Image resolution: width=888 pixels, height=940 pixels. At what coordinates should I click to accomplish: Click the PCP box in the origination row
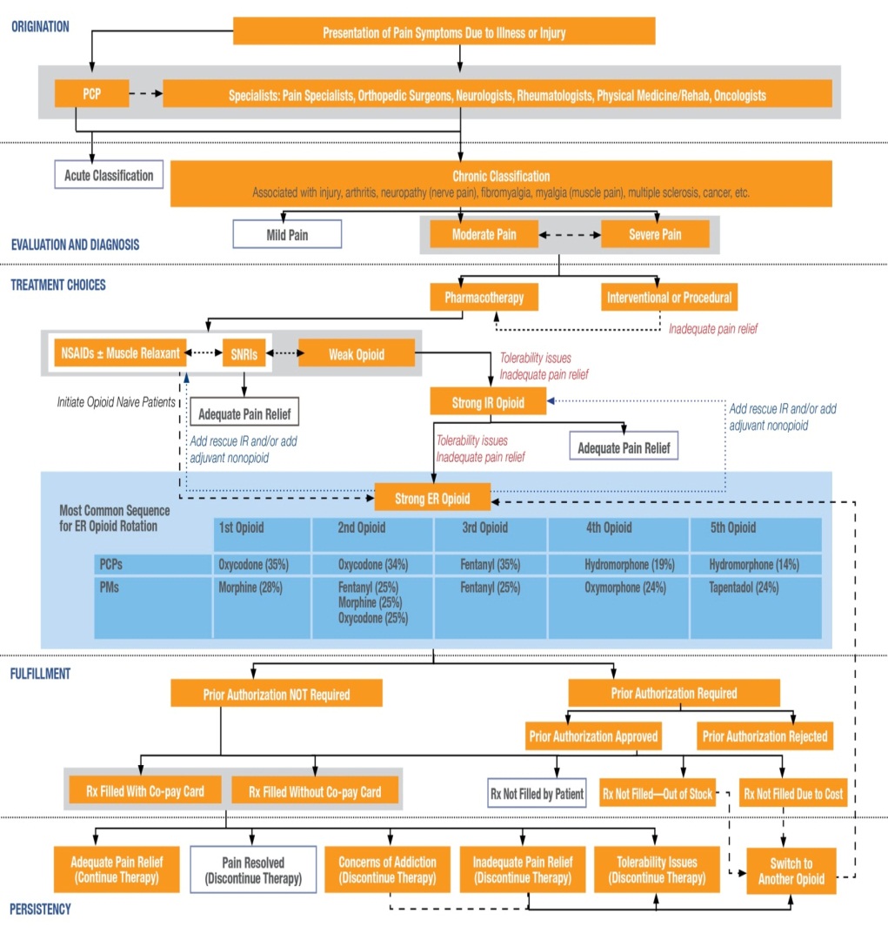point(91,93)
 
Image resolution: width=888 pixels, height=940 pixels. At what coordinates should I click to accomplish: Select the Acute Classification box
point(109,175)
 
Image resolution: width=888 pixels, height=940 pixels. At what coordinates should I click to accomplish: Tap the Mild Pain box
point(287,234)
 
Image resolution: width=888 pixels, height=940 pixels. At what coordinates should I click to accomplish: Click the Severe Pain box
point(655,234)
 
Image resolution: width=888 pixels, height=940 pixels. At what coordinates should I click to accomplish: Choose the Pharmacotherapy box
point(484,298)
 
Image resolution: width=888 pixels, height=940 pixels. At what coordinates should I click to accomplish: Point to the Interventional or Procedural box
point(670,298)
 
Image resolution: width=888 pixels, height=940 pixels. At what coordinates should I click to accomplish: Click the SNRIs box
point(244,353)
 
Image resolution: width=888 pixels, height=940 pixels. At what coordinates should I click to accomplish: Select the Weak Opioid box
point(357,353)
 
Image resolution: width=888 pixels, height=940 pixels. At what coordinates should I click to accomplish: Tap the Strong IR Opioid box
point(489,402)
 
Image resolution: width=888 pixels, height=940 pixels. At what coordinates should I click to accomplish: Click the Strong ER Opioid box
point(432,498)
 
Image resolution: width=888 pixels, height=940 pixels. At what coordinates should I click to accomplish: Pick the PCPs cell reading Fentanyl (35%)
point(490,564)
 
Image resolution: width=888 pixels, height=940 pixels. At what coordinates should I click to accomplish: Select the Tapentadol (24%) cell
point(744,587)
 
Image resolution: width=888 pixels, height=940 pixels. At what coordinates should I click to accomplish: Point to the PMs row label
point(109,587)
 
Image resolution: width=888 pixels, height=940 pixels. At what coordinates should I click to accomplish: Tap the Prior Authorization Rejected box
point(764,736)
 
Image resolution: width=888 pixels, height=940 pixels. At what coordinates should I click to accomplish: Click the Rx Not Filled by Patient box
point(537,794)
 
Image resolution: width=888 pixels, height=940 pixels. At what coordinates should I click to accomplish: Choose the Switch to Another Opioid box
point(791,870)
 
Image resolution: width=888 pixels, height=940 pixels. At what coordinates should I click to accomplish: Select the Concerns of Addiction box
point(387,869)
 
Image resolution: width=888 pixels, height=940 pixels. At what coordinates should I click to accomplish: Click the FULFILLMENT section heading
point(41,674)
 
